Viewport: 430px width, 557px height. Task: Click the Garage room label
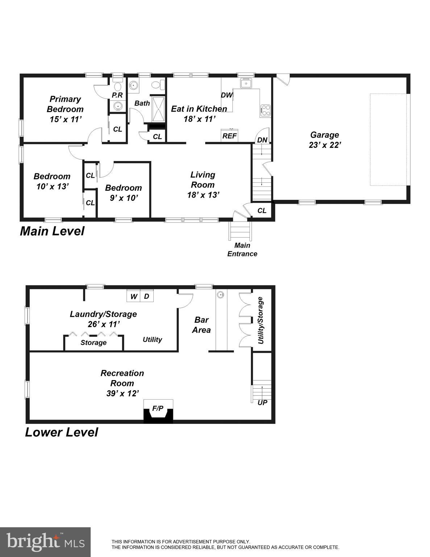pyautogui.click(x=324, y=135)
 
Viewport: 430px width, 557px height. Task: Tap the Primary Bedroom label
pyautogui.click(x=65, y=104)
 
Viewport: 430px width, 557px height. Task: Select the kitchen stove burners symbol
pyautogui.click(x=265, y=110)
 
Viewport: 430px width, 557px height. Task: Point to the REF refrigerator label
pyautogui.click(x=229, y=136)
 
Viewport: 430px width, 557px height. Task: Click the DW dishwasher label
pyautogui.click(x=227, y=95)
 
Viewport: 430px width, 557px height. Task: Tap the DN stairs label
pyautogui.click(x=262, y=140)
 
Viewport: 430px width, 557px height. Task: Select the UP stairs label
pyautogui.click(x=262, y=403)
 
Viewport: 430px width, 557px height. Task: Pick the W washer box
pyautogui.click(x=133, y=297)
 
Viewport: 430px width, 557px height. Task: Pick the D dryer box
pyautogui.click(x=146, y=297)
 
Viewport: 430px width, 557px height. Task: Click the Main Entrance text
pyautogui.click(x=242, y=250)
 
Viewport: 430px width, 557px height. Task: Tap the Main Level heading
pyautogui.click(x=52, y=231)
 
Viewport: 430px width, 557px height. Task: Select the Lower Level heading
pyautogui.click(x=62, y=432)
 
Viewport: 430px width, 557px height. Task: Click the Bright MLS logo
pyautogui.click(x=45, y=542)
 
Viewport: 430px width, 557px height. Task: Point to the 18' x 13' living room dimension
pyautogui.click(x=203, y=195)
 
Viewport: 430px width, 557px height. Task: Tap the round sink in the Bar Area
pyautogui.click(x=220, y=295)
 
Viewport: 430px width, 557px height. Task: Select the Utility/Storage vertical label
pyautogui.click(x=260, y=321)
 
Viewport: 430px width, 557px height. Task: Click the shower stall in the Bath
pyautogui.click(x=158, y=109)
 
